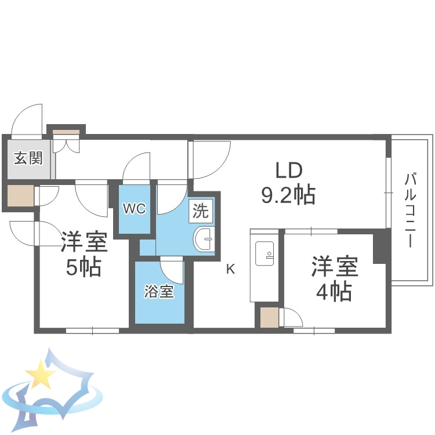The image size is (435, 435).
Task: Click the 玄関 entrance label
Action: click(28, 158)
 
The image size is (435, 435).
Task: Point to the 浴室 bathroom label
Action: click(159, 292)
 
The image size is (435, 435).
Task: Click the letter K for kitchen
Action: click(230, 269)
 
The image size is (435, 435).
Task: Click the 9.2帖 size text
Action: click(288, 196)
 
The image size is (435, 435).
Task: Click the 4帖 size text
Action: click(333, 292)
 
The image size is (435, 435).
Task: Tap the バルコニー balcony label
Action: click(410, 209)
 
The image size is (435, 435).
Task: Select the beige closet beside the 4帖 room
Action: click(269, 318)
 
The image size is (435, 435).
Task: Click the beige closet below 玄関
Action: click(20, 195)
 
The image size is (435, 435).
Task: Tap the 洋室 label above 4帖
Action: click(334, 267)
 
